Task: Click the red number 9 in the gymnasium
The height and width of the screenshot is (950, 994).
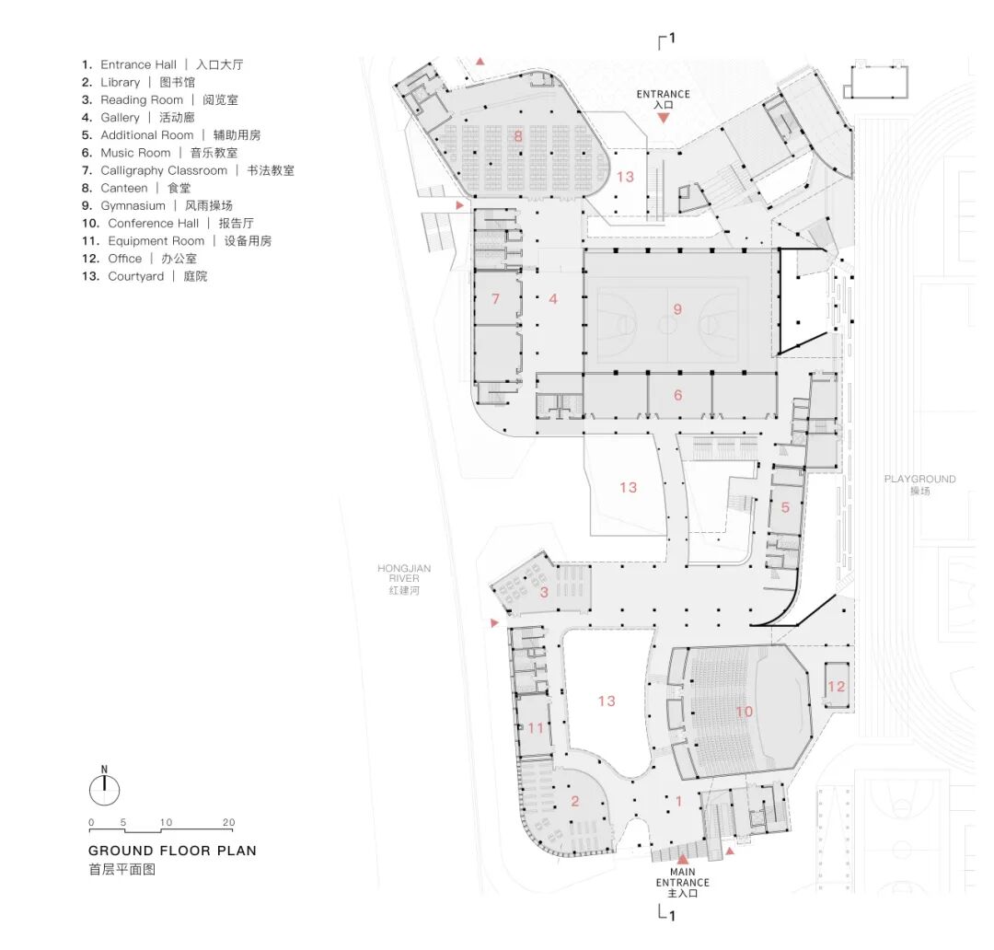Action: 677,309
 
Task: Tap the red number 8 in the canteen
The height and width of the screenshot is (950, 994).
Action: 518,135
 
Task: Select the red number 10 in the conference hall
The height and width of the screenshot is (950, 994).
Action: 745,712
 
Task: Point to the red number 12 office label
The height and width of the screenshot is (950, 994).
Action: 836,686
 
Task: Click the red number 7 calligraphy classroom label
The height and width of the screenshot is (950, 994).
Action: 496,298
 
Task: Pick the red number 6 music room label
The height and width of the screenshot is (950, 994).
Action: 677,395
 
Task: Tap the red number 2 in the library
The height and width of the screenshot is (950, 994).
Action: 575,801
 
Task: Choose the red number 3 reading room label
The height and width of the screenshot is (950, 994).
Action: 544,592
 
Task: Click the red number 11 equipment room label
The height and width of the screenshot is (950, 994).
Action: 536,728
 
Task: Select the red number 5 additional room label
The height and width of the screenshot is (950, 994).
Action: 785,507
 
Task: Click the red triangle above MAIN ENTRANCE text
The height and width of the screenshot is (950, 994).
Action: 682,859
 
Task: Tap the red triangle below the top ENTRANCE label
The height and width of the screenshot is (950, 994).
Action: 663,118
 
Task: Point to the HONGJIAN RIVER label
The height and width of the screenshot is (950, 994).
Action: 404,579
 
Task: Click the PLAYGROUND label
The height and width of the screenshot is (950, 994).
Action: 919,484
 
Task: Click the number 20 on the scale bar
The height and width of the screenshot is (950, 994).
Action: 229,822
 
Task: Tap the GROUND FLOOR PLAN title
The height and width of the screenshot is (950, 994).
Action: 172,851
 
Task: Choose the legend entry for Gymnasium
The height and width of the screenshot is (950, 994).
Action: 157,205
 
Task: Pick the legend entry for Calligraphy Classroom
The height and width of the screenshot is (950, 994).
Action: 188,170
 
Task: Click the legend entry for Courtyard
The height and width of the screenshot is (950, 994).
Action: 144,276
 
